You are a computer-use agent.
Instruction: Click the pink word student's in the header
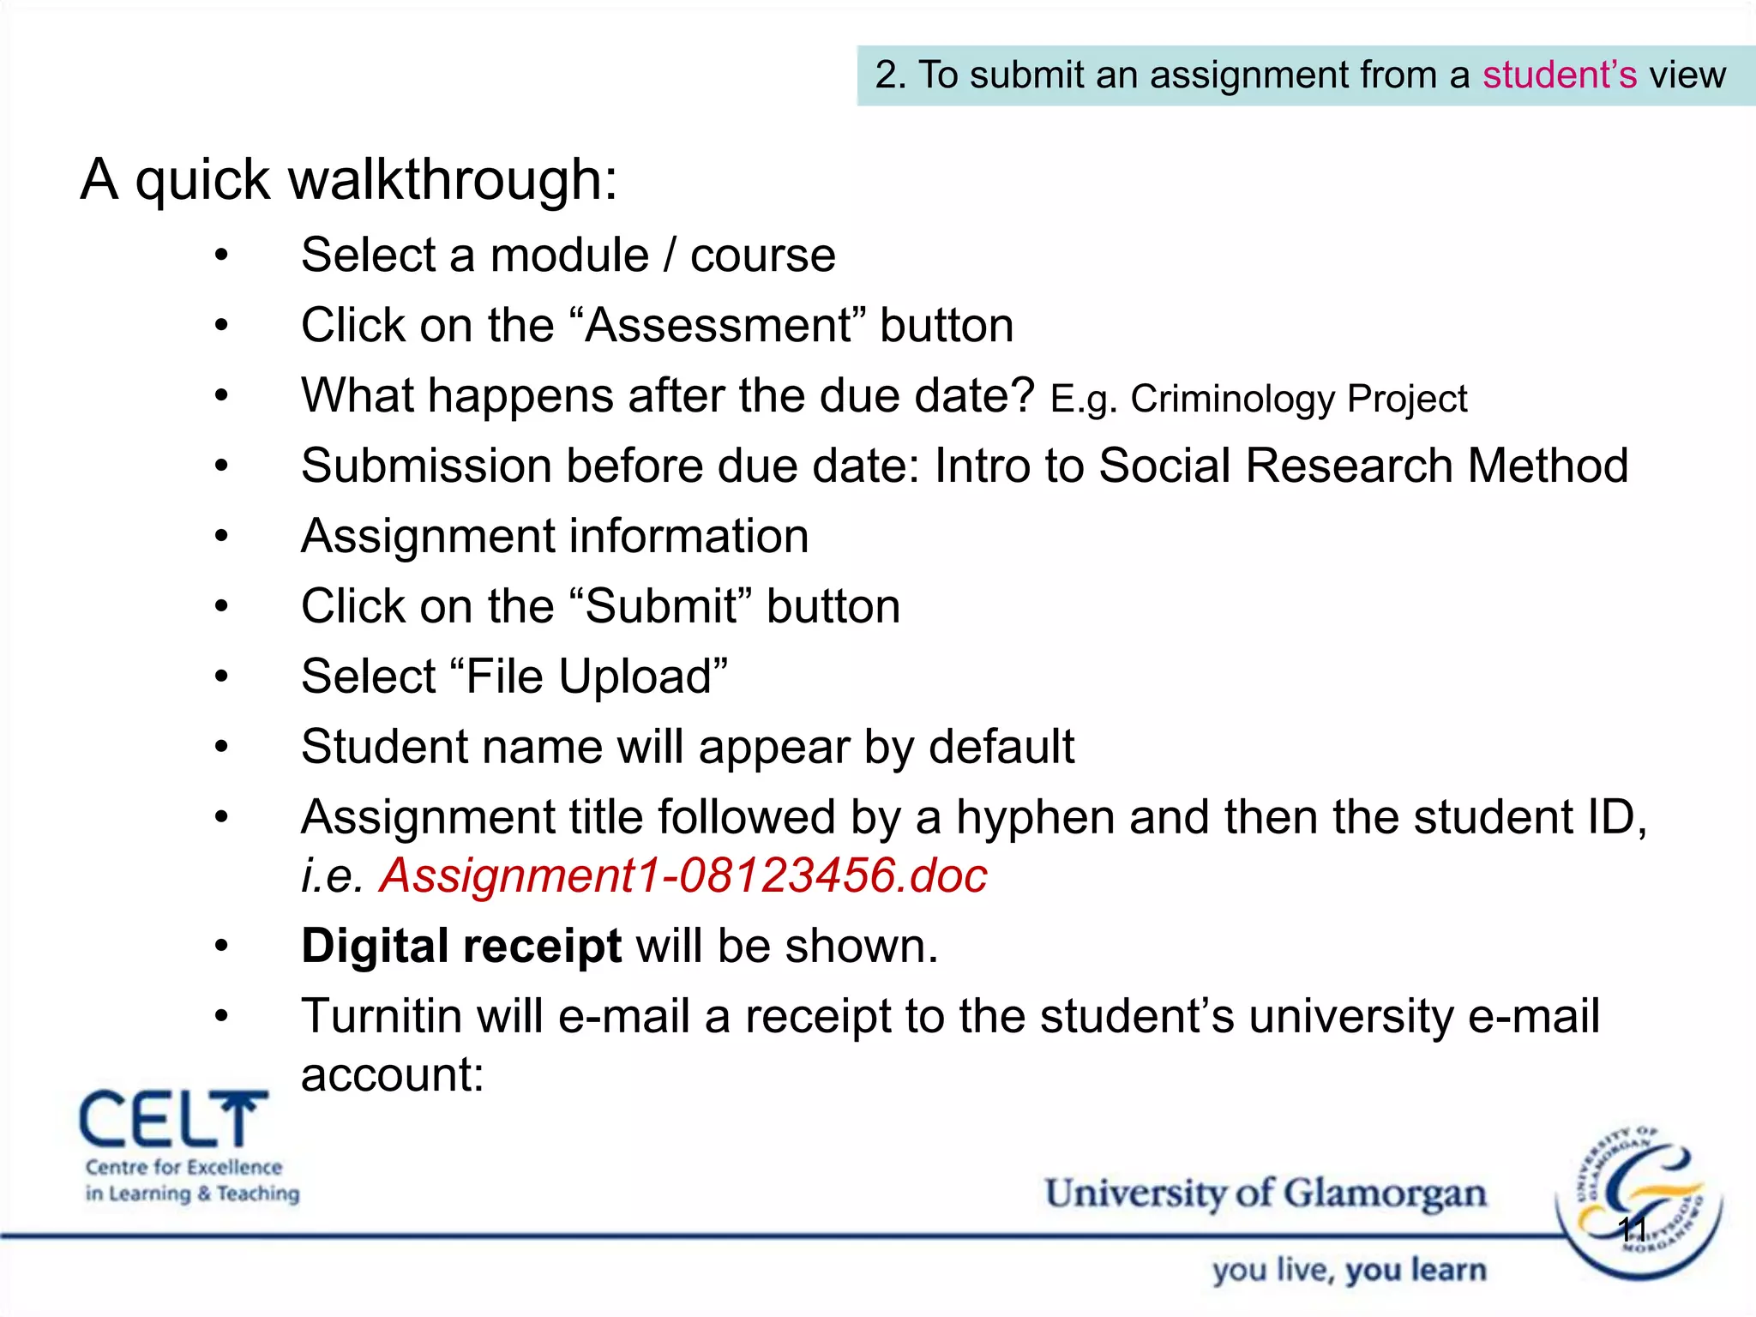point(1560,75)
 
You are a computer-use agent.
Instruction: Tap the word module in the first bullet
point(569,256)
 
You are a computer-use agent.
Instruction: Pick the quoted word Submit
point(660,607)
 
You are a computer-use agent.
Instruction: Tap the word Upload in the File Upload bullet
point(634,677)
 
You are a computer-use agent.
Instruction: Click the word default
point(1001,747)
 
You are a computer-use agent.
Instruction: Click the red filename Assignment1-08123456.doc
point(683,876)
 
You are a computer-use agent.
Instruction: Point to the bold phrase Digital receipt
point(461,947)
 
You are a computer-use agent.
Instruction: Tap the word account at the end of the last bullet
point(392,1075)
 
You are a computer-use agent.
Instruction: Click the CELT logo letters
point(171,1120)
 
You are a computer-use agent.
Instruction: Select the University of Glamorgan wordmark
point(1265,1194)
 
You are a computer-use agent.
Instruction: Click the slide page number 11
point(1632,1230)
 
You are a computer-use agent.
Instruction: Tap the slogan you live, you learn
point(1349,1271)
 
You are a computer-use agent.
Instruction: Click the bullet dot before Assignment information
point(222,537)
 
